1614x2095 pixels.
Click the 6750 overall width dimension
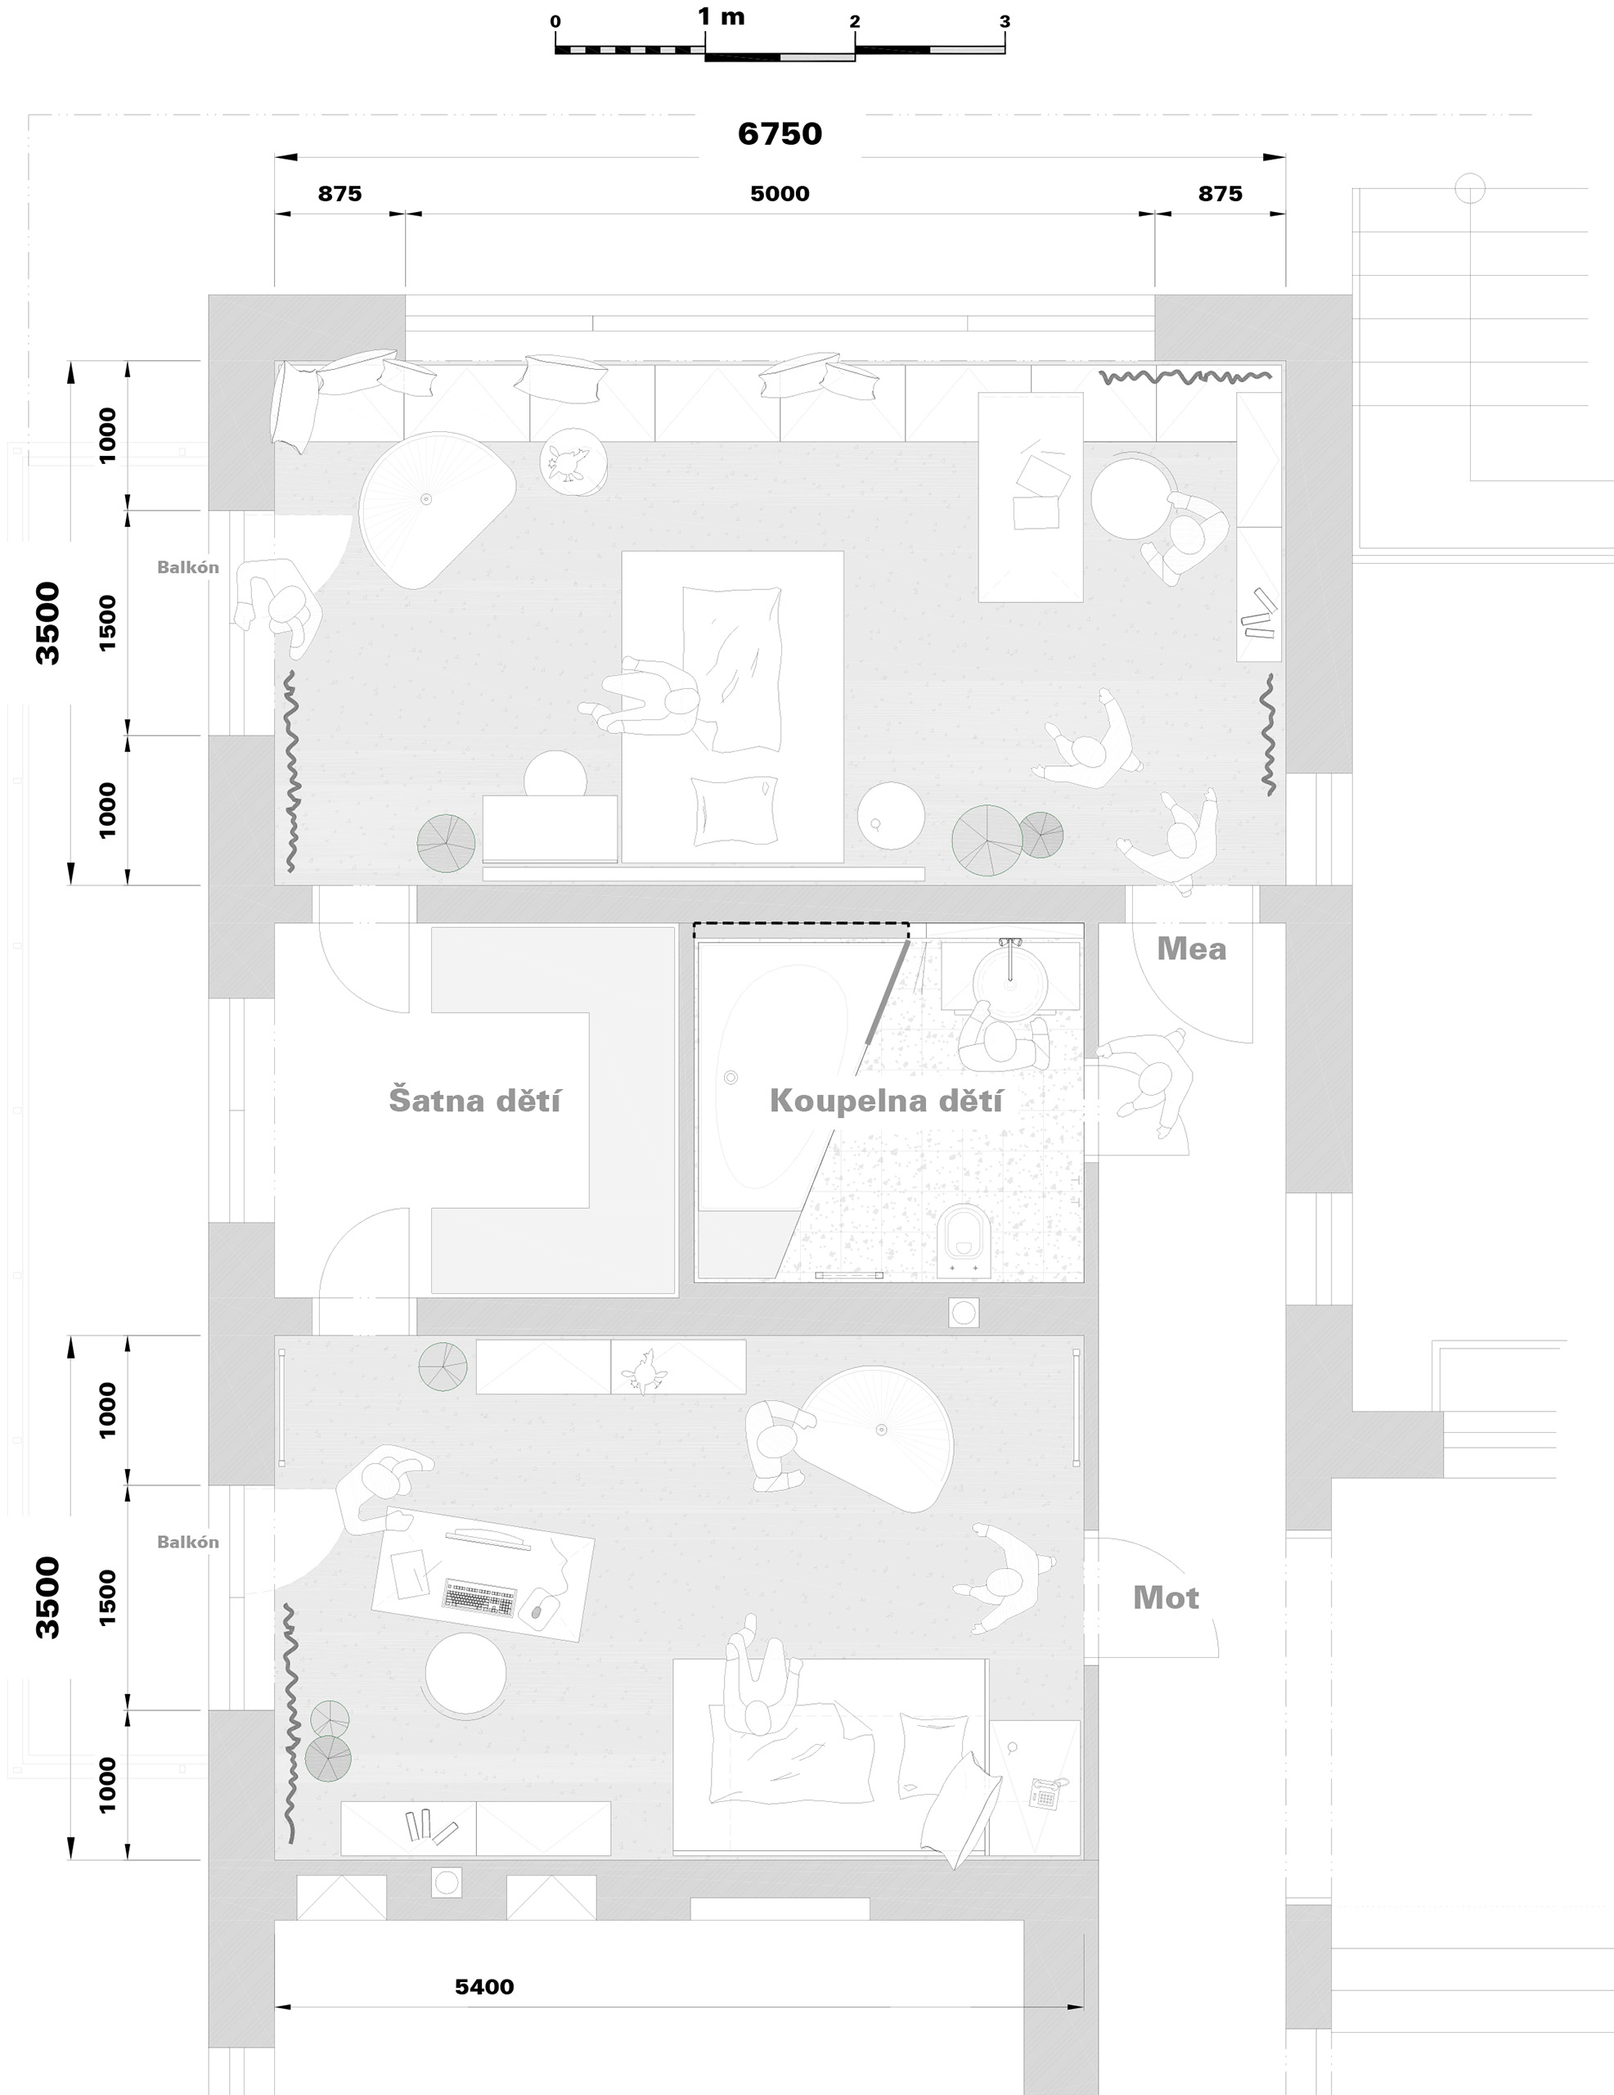point(780,133)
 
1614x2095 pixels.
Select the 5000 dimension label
point(780,194)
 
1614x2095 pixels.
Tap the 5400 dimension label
point(484,1987)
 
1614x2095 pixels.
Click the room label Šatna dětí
point(474,1099)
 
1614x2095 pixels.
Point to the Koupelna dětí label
point(886,1100)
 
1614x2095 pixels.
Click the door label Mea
point(1191,948)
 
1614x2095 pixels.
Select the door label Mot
point(1167,1597)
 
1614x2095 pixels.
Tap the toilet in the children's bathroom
point(964,1241)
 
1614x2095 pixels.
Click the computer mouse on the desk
point(537,1608)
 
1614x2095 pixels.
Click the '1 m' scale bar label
point(722,16)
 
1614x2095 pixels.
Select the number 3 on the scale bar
point(1004,21)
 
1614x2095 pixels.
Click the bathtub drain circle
point(731,1077)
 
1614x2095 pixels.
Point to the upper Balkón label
point(188,567)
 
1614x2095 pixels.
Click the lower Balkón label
point(188,1542)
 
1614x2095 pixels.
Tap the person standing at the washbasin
point(1003,1038)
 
